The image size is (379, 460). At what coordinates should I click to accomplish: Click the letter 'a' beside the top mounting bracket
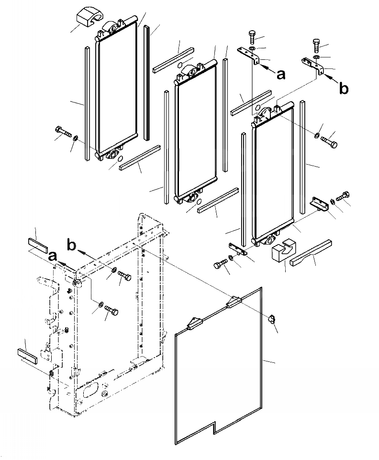pos(281,74)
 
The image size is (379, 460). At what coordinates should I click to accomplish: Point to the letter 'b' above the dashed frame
pos(72,245)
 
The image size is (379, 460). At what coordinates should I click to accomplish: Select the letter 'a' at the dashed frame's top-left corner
pos(53,257)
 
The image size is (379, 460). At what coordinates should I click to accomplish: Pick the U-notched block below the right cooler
pos(282,252)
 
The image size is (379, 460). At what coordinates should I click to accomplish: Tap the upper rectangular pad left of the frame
pos(38,236)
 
